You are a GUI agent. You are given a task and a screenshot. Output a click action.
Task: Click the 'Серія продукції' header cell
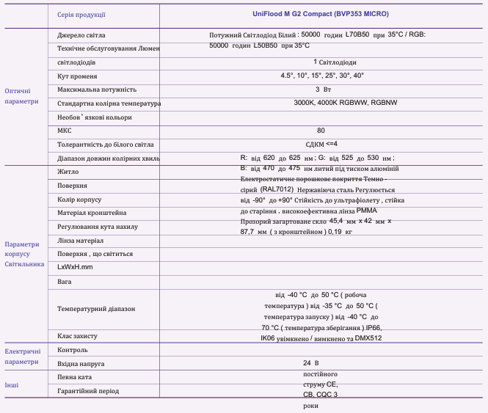[81, 14]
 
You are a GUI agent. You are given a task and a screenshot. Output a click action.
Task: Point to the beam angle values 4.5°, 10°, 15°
[321, 76]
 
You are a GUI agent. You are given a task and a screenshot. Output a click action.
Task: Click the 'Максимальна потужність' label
[97, 89]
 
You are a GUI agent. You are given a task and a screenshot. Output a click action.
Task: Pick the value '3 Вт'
[323, 89]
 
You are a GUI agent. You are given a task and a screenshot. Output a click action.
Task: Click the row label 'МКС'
[64, 131]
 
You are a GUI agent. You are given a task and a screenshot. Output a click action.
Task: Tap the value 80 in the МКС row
[321, 131]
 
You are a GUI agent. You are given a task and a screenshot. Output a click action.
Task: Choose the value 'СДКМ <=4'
[321, 144]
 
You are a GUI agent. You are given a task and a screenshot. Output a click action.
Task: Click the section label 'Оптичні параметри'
[22, 96]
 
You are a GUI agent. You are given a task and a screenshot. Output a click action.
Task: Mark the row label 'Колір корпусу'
[79, 200]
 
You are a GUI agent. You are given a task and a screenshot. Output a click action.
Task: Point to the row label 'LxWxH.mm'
[75, 267]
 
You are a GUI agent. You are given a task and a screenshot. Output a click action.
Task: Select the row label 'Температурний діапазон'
[96, 309]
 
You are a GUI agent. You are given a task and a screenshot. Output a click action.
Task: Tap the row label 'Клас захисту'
[77, 336]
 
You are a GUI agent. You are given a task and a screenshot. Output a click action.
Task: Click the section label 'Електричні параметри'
[22, 357]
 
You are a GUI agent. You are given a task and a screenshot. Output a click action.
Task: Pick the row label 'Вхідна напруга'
[81, 363]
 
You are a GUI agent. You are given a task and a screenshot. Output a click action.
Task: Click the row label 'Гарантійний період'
[88, 391]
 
